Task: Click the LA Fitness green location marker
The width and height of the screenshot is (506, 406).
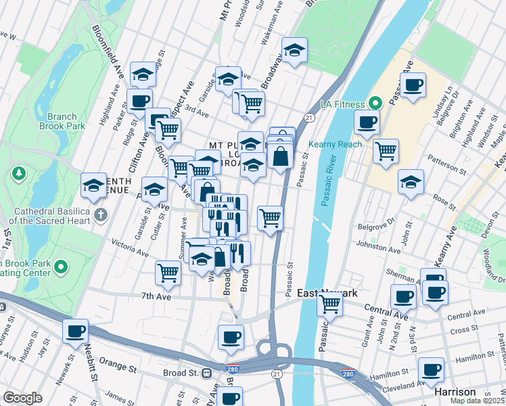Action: [x=377, y=104]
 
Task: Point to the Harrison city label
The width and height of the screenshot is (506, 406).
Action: [x=455, y=392]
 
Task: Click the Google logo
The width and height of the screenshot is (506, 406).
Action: [x=22, y=398]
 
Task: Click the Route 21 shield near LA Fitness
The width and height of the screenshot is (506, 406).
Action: [x=309, y=118]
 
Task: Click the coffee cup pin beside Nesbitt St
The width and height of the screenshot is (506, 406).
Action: [x=76, y=332]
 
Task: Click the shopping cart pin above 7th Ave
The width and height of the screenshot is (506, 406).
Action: [x=168, y=273]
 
